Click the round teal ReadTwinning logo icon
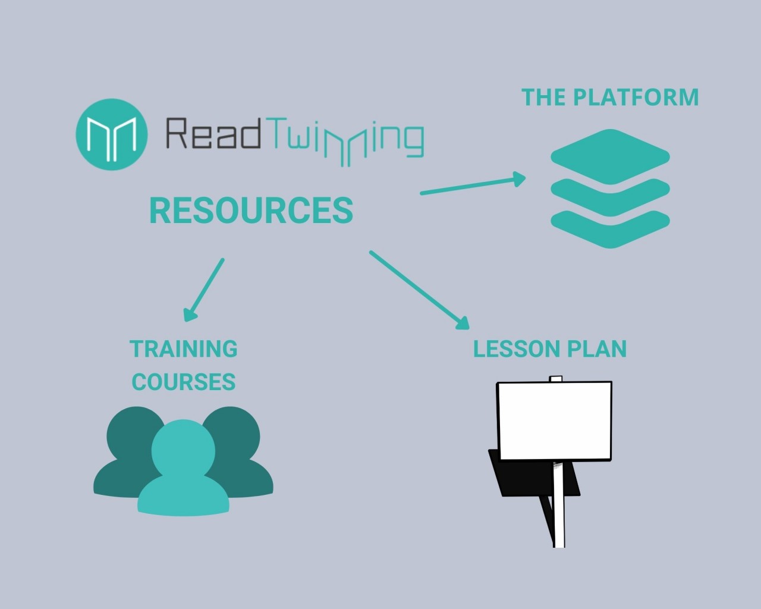coord(112,134)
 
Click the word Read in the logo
coord(213,133)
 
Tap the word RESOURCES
coord(251,211)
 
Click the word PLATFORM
coord(636,98)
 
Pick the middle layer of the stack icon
coord(610,194)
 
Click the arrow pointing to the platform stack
coord(473,184)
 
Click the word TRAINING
coord(184,349)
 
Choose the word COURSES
coord(184,382)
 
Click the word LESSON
coord(512,349)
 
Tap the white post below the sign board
coord(559,506)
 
